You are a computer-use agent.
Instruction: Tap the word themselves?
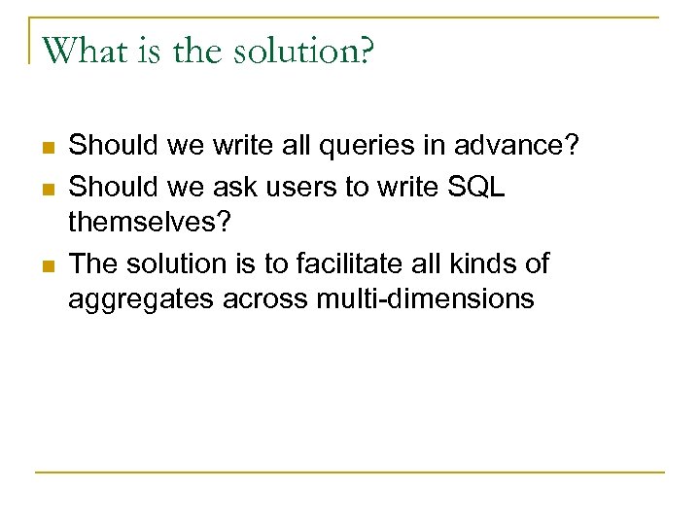tap(150, 223)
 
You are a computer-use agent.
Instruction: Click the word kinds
tap(478, 262)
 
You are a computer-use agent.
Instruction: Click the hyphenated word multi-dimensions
tap(426, 298)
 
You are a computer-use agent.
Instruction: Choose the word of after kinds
tap(535, 262)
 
